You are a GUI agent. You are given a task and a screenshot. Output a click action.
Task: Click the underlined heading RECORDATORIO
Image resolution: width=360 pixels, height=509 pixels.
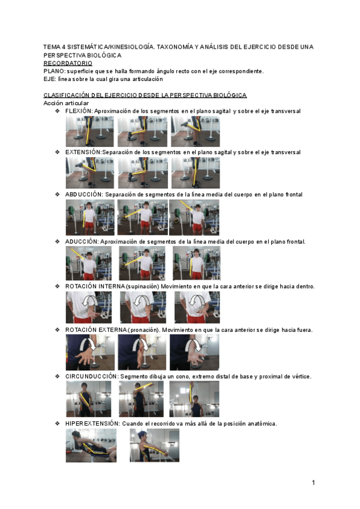point(68,62)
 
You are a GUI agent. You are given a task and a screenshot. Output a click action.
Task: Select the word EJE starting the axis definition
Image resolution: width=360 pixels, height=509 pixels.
point(49,79)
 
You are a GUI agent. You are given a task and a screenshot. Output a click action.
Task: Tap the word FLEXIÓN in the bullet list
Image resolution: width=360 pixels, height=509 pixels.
point(79,111)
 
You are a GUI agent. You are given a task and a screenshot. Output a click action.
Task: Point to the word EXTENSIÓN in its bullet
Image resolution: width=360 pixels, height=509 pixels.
point(83,152)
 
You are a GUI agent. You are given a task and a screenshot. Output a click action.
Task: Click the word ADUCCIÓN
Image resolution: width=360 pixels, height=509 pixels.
point(82,241)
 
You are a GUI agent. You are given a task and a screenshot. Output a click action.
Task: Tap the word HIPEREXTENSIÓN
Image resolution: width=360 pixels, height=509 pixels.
point(92,423)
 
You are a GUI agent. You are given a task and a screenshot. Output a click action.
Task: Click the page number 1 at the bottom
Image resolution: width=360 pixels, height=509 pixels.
point(313,483)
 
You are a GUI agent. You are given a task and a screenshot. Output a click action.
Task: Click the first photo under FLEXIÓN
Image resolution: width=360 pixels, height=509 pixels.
point(89,131)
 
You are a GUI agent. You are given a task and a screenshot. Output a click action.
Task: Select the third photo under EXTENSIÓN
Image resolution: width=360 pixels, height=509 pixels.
point(195,173)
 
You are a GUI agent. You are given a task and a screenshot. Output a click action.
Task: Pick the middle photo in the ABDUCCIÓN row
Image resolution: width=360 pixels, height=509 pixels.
point(142,217)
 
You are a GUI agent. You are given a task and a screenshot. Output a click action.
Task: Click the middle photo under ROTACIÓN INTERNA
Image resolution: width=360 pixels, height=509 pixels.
point(143,308)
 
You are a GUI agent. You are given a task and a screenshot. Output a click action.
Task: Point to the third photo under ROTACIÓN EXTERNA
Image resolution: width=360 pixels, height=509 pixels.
point(194,352)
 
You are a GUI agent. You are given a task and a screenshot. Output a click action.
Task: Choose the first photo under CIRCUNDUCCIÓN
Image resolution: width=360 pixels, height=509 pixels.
point(89,399)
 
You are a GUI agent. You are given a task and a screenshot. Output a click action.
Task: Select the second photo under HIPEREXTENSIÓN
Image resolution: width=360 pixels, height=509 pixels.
point(154,445)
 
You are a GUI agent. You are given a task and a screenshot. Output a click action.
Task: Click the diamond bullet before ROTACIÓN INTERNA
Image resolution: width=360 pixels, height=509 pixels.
point(58,286)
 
